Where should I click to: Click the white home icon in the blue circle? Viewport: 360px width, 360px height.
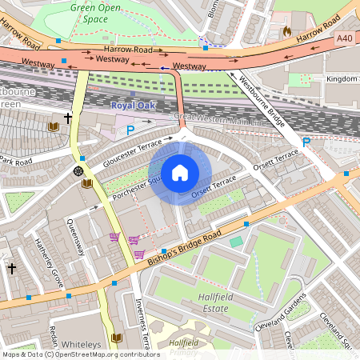(x=180, y=173)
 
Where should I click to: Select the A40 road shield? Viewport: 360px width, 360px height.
(x=344, y=38)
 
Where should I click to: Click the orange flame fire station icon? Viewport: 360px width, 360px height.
(x=287, y=30)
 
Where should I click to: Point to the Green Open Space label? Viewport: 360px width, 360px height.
(x=100, y=14)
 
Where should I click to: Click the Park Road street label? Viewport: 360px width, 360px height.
(x=16, y=163)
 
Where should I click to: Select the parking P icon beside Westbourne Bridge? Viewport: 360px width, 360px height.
(x=306, y=142)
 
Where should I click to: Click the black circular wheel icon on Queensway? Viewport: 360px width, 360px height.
(x=78, y=170)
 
